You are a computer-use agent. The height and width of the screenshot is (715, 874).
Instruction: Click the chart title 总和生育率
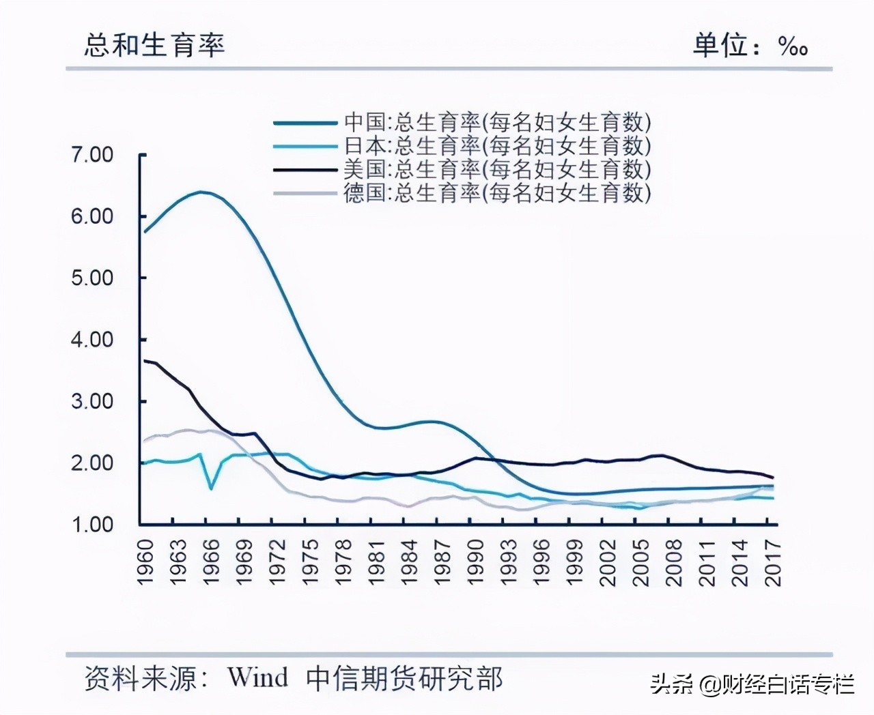[154, 45]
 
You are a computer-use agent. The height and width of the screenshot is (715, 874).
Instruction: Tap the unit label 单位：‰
[750, 46]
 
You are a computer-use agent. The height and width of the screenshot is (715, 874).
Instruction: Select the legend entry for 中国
[462, 122]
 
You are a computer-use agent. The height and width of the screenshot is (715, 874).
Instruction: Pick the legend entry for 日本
[462, 146]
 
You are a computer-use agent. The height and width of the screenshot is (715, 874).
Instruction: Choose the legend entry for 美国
[462, 169]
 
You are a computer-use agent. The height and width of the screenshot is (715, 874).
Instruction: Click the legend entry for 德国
[462, 193]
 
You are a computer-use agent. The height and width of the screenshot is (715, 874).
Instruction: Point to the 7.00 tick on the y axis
[92, 155]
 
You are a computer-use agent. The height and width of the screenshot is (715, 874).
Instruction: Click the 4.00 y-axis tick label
[92, 340]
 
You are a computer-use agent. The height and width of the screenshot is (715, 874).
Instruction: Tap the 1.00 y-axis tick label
[92, 525]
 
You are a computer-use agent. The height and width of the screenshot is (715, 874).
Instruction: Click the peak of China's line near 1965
[201, 192]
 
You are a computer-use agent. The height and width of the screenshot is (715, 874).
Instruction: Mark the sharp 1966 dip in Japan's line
[211, 488]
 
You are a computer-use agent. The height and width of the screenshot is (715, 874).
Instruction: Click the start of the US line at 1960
[145, 360]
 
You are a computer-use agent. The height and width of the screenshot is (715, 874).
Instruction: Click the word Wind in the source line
[257, 677]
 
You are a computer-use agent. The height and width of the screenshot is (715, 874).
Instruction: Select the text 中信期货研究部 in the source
[404, 678]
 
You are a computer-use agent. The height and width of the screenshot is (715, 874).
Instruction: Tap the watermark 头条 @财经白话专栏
[752, 684]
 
